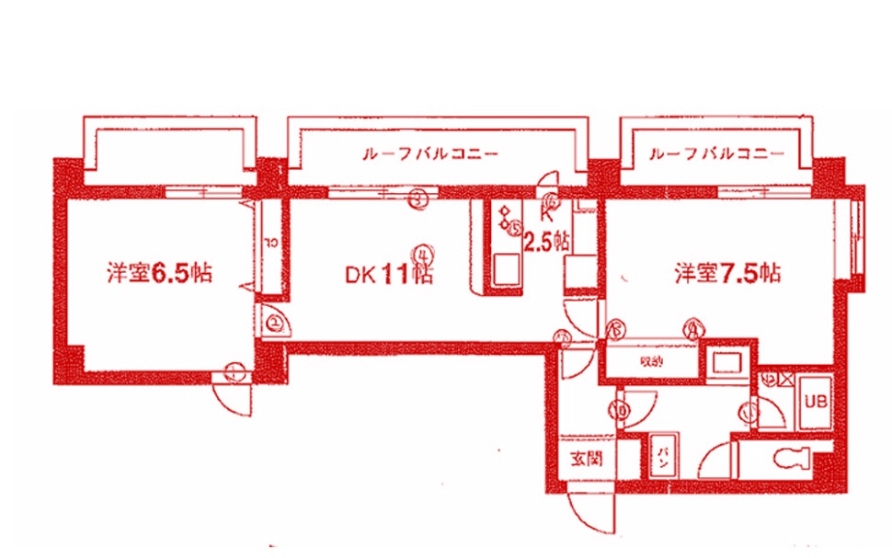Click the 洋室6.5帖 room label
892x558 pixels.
(159, 273)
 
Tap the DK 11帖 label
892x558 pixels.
(389, 274)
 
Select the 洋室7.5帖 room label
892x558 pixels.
(727, 273)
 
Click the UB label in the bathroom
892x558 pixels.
(816, 401)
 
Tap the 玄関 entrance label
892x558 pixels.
(585, 459)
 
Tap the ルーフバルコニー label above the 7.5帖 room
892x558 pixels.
(716, 153)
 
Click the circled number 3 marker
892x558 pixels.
(418, 196)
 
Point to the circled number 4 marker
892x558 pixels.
(423, 251)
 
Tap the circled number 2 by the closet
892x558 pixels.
(275, 323)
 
